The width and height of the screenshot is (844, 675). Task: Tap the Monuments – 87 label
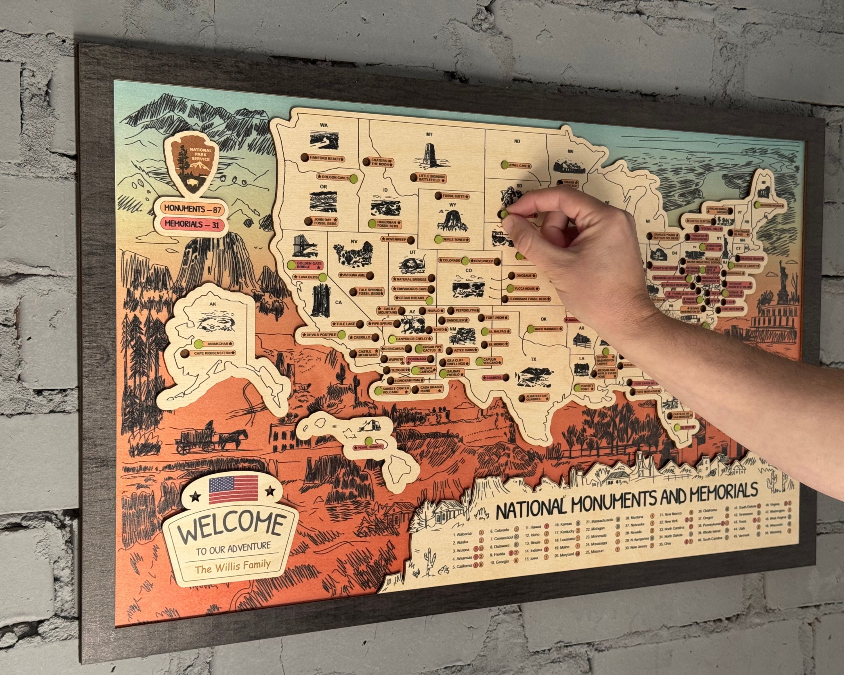pos(193,209)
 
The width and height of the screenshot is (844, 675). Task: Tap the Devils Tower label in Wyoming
pos(454,239)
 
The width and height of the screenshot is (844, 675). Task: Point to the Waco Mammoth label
pos(548,329)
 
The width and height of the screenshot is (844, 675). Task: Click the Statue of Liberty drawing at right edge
pos(783,279)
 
